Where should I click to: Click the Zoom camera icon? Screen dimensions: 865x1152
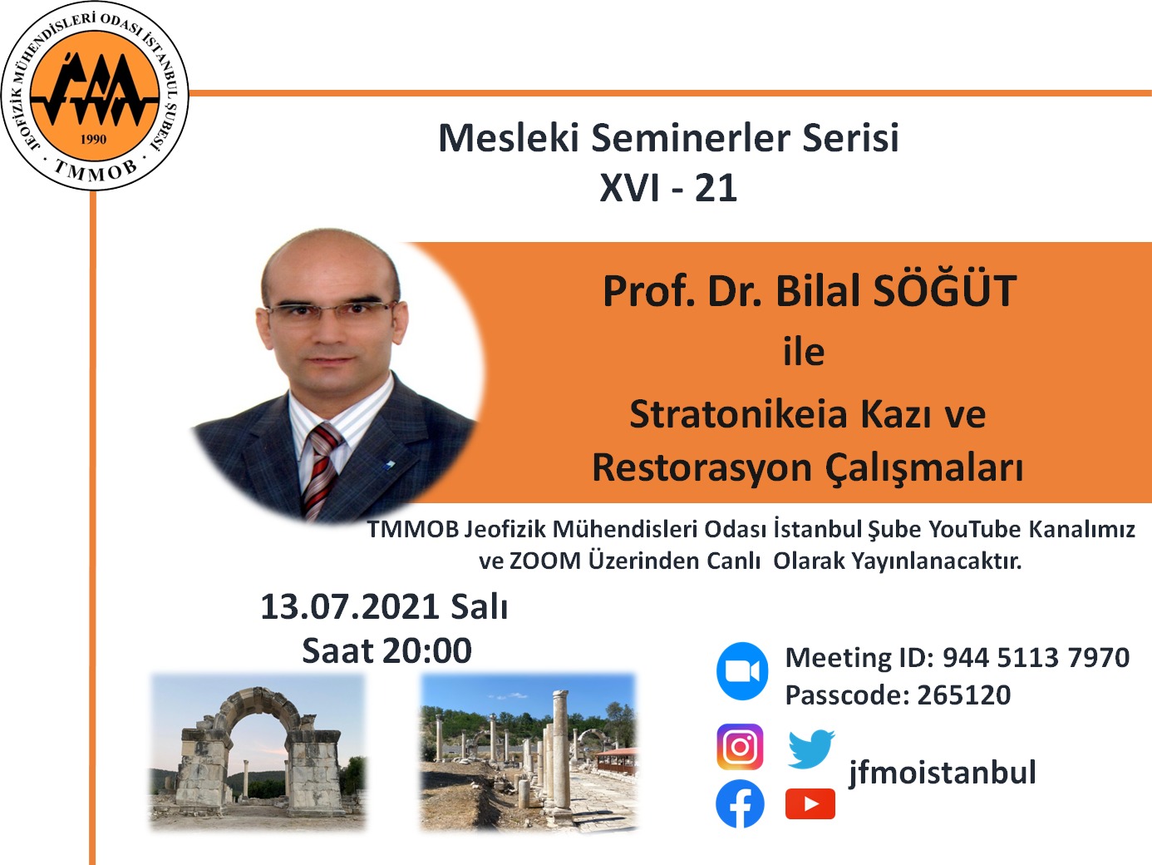tap(742, 671)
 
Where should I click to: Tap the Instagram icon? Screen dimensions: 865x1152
tap(740, 747)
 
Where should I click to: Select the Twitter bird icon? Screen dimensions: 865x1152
tap(810, 749)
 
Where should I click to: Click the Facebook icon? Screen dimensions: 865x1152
tap(740, 804)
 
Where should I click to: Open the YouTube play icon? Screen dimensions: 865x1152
tap(810, 804)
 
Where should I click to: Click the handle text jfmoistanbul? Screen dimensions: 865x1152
tap(942, 773)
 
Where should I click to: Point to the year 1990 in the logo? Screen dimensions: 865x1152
tap(93, 139)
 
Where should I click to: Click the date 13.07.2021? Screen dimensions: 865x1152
tap(349, 607)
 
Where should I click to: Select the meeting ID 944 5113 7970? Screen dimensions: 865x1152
tap(1036, 658)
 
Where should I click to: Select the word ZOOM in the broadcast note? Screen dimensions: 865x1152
tap(544, 561)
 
